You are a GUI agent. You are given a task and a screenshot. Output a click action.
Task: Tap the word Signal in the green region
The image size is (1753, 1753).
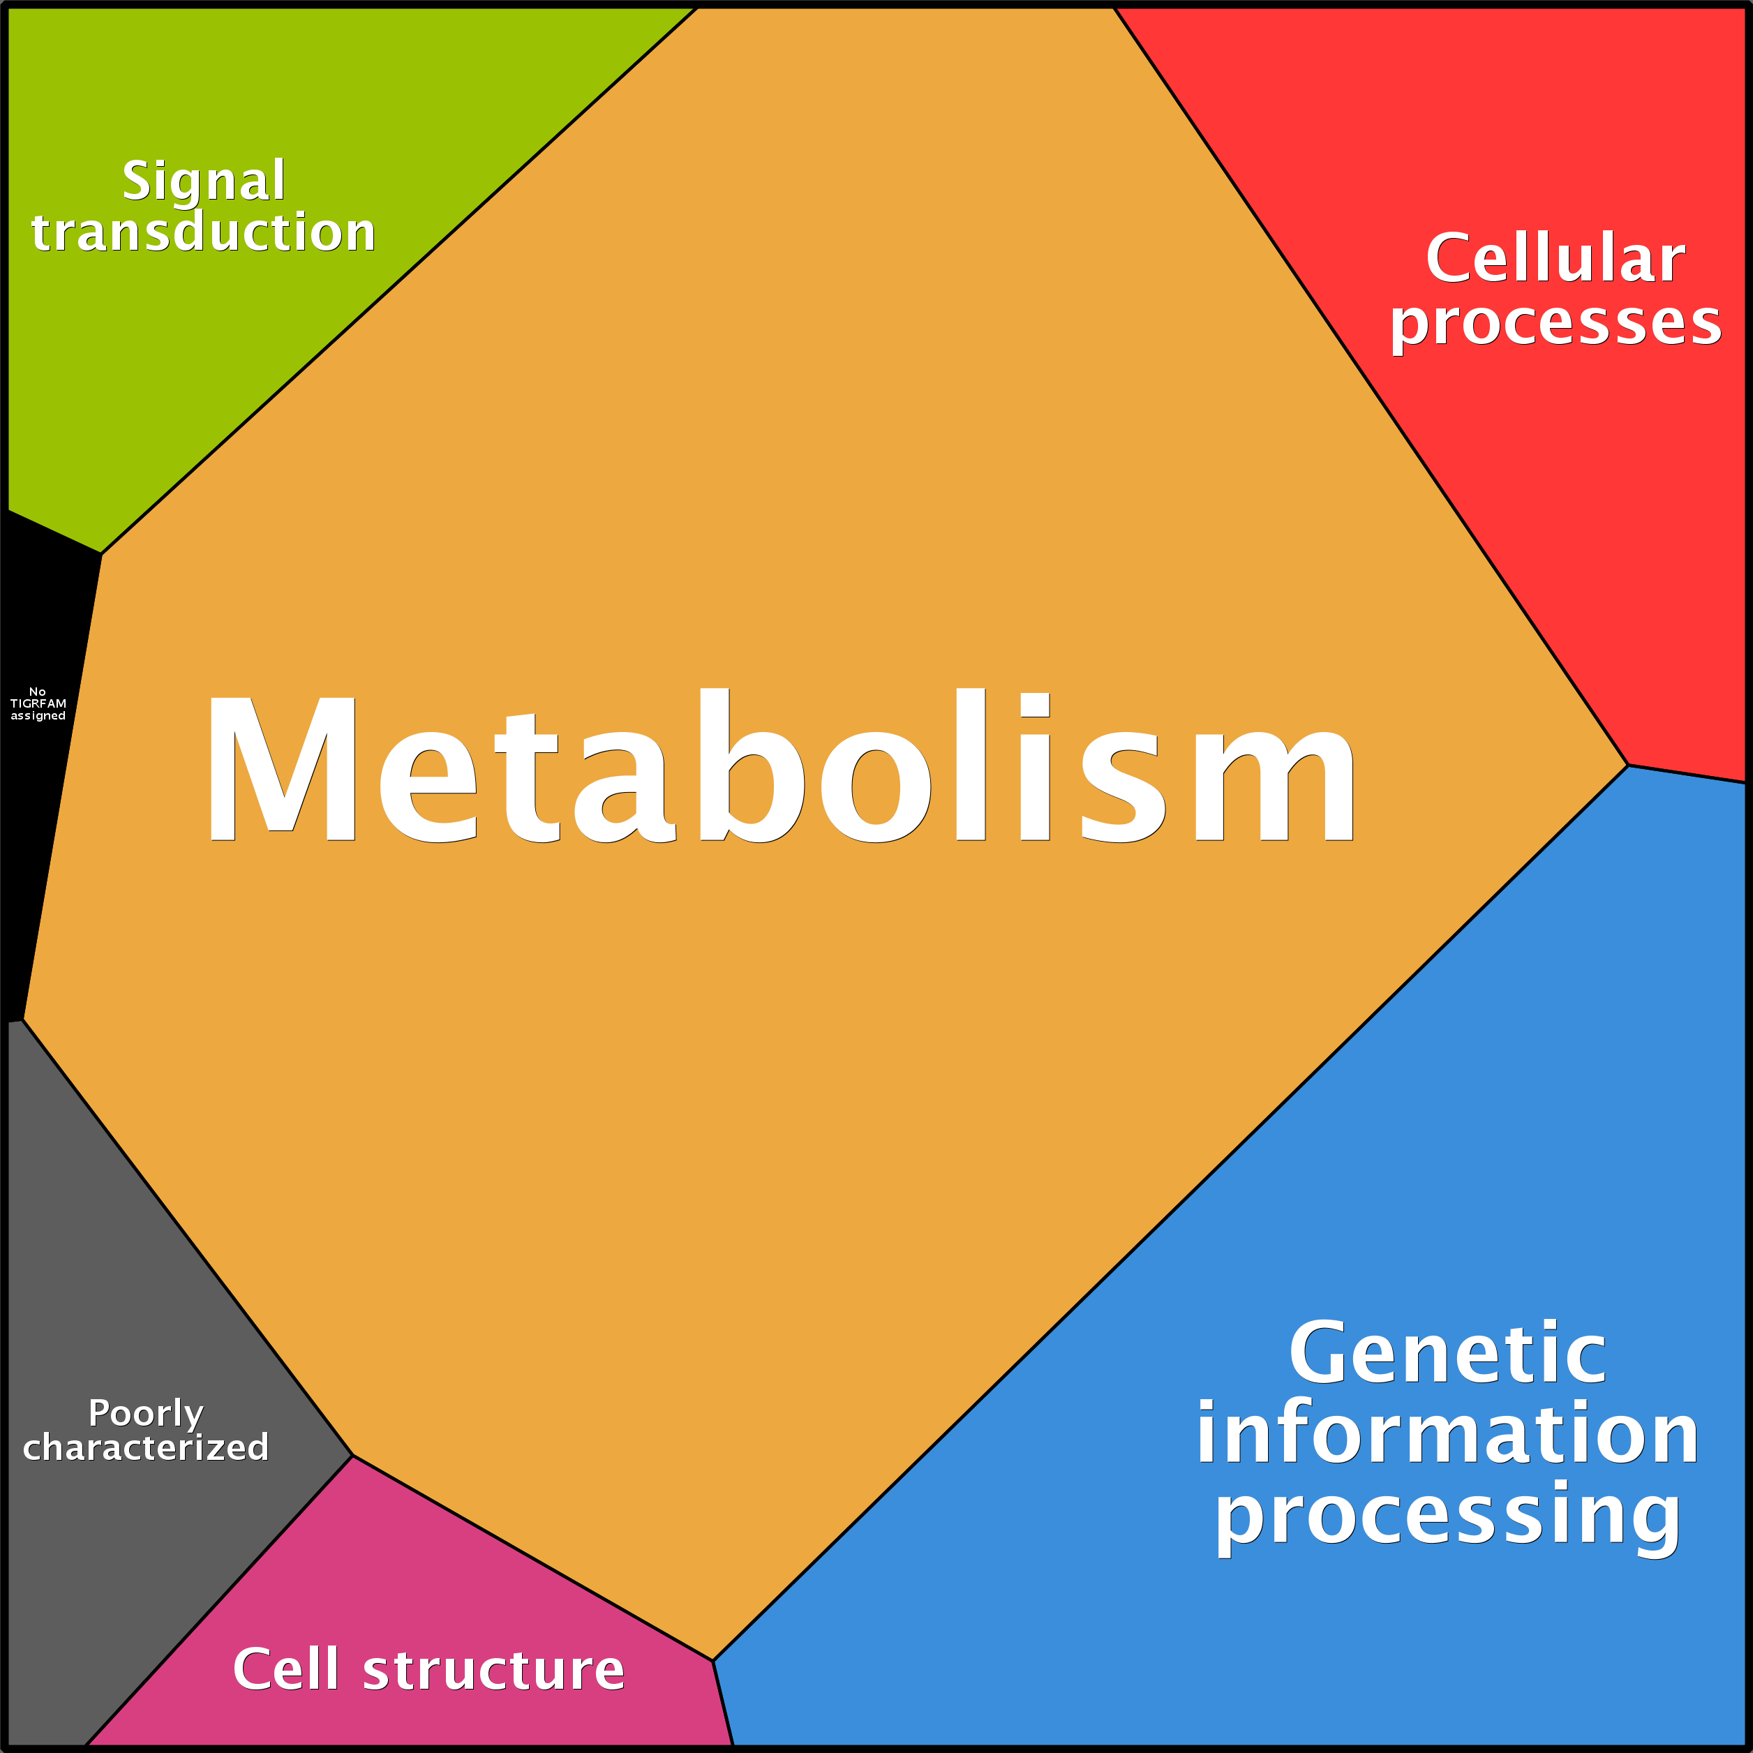[204, 181]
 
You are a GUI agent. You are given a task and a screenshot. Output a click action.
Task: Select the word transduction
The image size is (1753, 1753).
[203, 232]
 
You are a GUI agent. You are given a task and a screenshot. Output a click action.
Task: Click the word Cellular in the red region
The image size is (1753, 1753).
[1556, 259]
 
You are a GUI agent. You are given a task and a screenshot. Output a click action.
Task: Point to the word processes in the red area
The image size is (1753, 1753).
[1556, 323]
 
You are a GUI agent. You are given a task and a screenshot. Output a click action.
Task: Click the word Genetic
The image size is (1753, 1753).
[1447, 1355]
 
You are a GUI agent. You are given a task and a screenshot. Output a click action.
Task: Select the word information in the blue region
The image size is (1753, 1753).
[1447, 1435]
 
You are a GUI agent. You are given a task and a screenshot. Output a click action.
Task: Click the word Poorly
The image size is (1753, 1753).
[145, 1414]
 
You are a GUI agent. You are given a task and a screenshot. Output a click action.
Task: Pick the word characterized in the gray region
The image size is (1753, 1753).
[145, 1447]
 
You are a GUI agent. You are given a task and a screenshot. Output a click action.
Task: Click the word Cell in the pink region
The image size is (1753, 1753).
[286, 1669]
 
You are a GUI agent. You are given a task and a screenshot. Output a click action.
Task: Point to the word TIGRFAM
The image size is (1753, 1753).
[38, 703]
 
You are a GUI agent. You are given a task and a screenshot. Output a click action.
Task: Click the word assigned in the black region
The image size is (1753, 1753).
[38, 716]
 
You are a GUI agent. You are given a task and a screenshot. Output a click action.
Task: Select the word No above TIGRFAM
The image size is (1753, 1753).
[37, 692]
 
